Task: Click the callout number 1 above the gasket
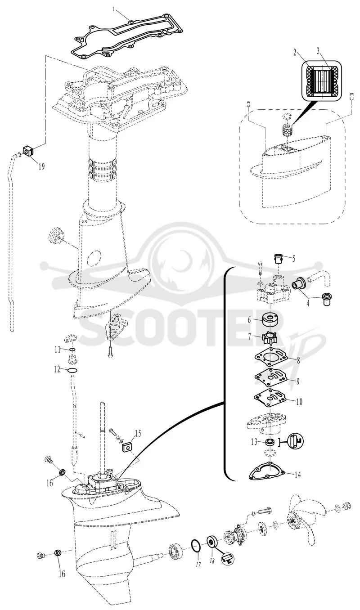(114, 9)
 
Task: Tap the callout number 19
(41, 166)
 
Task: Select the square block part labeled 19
(28, 151)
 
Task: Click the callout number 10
(299, 402)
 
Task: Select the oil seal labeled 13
(270, 441)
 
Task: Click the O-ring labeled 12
(72, 370)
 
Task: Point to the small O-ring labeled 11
(72, 350)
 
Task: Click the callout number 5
(293, 258)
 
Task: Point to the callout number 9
(298, 381)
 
